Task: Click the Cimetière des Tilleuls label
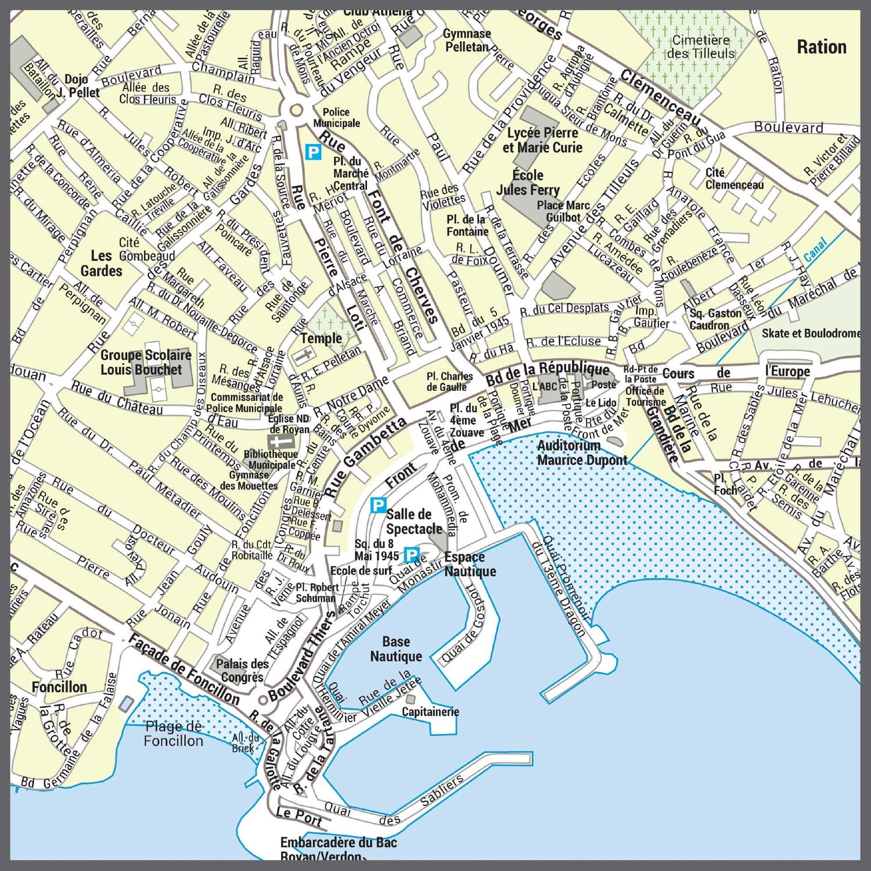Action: coord(700,47)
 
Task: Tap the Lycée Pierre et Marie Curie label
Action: coord(542,140)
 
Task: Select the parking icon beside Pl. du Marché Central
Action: coord(313,153)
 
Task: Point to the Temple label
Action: coord(321,338)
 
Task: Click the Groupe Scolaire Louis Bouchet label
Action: coord(145,362)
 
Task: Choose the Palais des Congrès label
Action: coord(242,670)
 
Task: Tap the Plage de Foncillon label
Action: coord(173,733)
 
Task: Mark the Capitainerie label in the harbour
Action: coord(430,712)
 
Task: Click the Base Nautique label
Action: coord(396,649)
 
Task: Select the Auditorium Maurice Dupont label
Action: coord(582,453)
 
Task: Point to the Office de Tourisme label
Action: coord(645,397)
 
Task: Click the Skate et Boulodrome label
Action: coord(811,333)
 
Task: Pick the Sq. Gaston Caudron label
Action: coord(715,319)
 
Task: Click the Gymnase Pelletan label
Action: coord(467,40)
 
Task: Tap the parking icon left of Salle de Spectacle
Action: coord(379,505)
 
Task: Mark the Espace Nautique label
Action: coord(470,564)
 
